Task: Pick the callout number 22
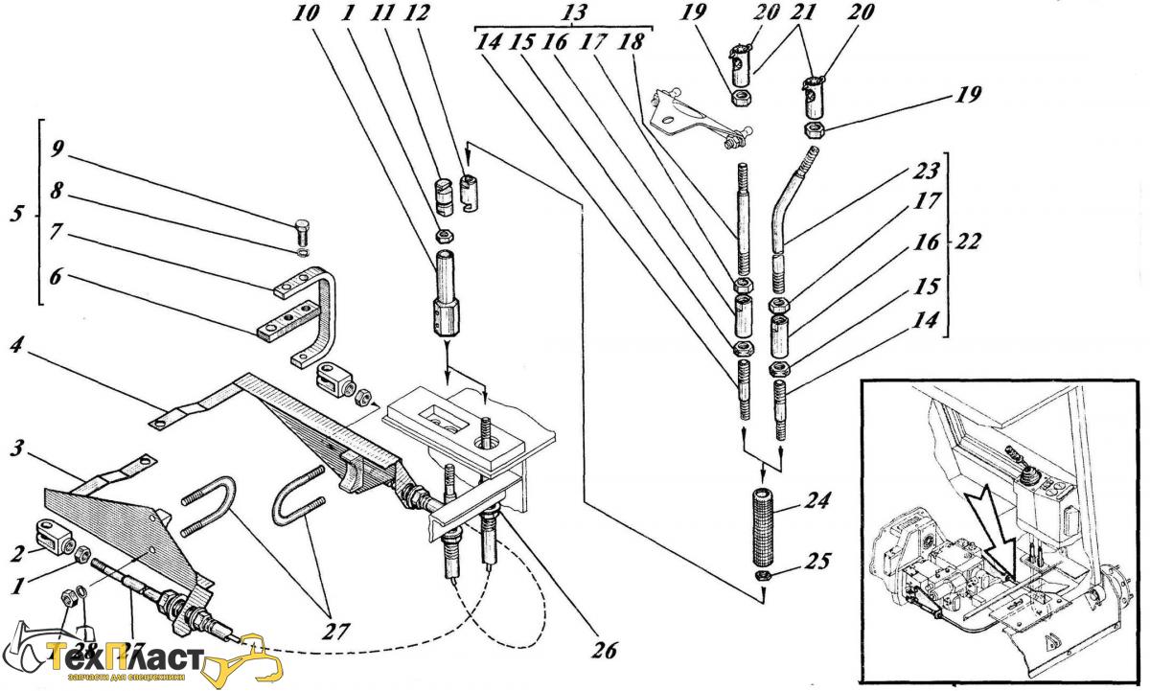click(x=968, y=242)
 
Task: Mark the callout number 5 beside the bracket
click(x=15, y=213)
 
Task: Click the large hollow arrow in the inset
click(x=993, y=523)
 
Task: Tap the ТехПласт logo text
click(x=125, y=661)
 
